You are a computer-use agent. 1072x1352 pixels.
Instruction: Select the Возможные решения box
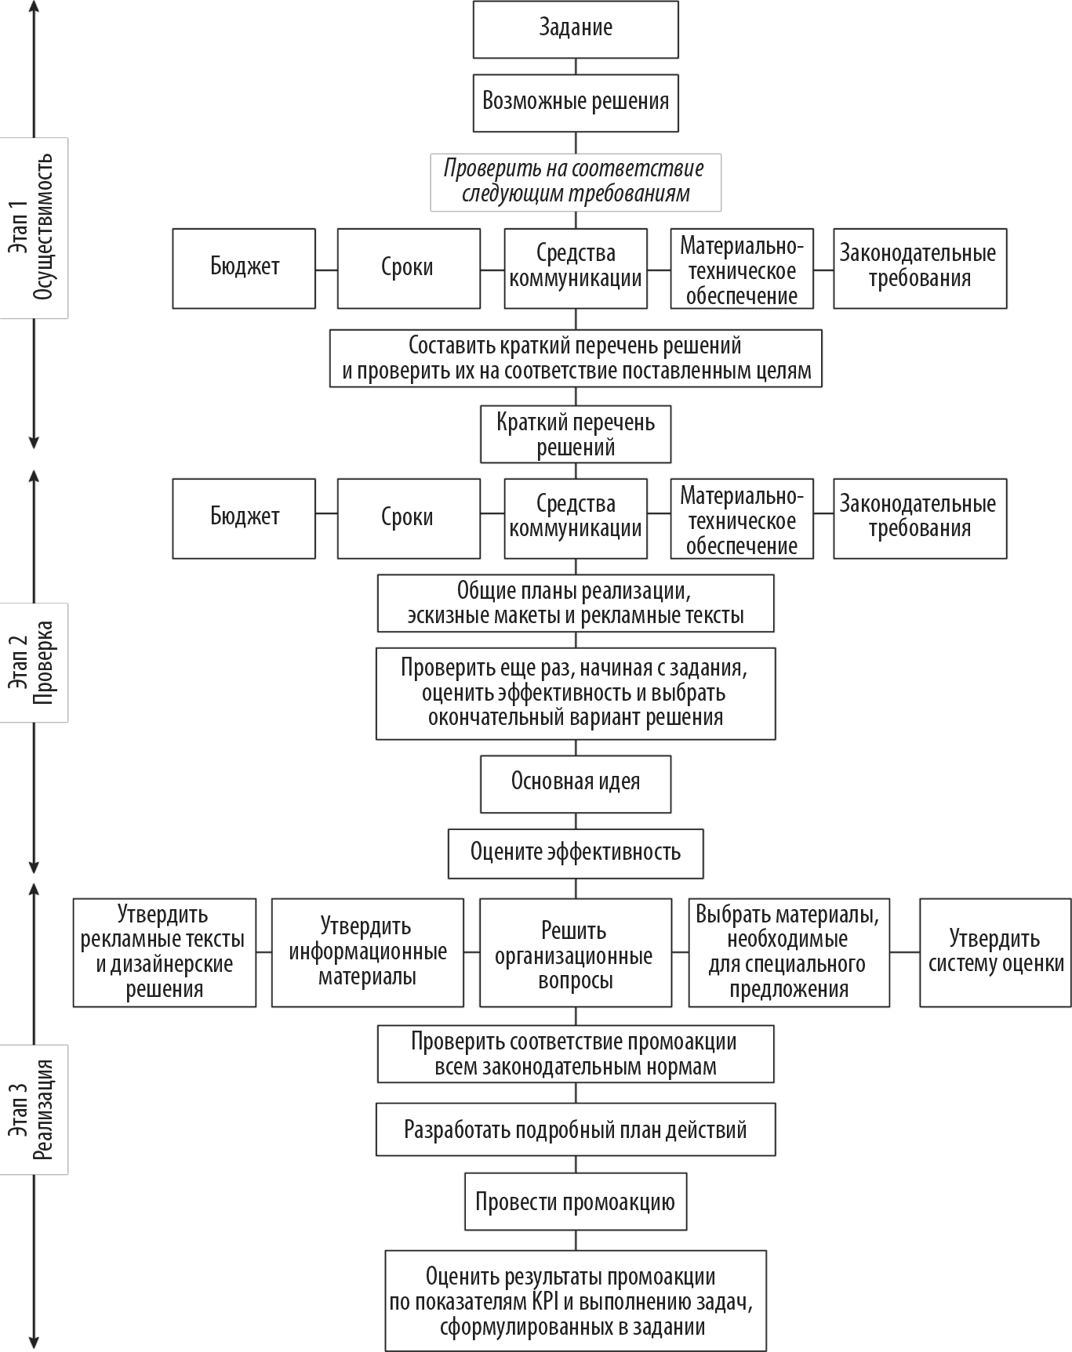click(x=576, y=103)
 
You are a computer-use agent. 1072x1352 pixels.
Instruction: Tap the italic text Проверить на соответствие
click(x=574, y=169)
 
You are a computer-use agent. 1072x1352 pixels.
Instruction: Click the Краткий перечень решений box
click(x=576, y=434)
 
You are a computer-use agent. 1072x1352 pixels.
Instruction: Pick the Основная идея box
click(x=576, y=784)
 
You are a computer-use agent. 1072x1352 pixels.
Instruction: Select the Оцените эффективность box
click(x=576, y=854)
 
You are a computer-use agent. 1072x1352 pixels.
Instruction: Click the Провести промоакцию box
click(x=576, y=1202)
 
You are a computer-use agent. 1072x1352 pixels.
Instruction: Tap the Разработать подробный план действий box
click(x=576, y=1129)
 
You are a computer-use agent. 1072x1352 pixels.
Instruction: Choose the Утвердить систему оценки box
click(x=996, y=952)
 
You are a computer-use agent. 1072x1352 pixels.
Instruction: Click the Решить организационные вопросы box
click(x=576, y=952)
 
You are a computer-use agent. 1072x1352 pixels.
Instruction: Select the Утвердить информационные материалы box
click(x=368, y=952)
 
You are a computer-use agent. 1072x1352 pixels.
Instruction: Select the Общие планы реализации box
click(x=576, y=604)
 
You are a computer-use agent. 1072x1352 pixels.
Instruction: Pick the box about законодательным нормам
click(x=576, y=1054)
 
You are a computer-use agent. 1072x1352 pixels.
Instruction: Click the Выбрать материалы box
click(x=789, y=952)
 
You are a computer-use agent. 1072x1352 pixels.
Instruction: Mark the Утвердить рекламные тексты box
click(x=165, y=952)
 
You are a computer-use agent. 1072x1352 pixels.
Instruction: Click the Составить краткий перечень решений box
click(x=576, y=358)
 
